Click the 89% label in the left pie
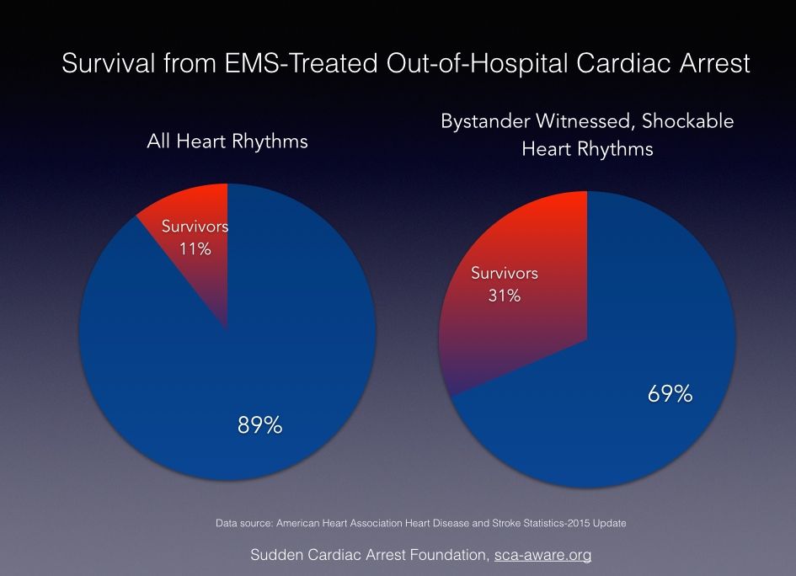259,425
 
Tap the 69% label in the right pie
670,393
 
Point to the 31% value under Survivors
504,296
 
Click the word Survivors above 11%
195,227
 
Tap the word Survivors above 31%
504,274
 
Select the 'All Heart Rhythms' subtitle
227,141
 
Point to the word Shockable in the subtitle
687,121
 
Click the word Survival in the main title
107,64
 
